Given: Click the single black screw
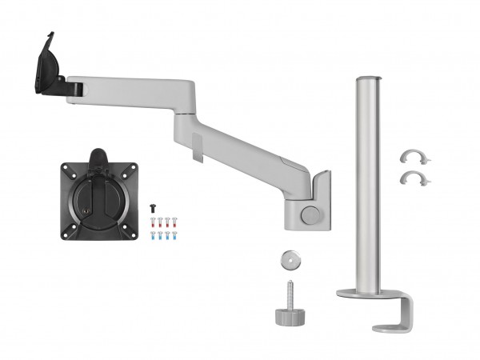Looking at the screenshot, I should (152, 206).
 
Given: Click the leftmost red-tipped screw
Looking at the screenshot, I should (158, 221).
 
